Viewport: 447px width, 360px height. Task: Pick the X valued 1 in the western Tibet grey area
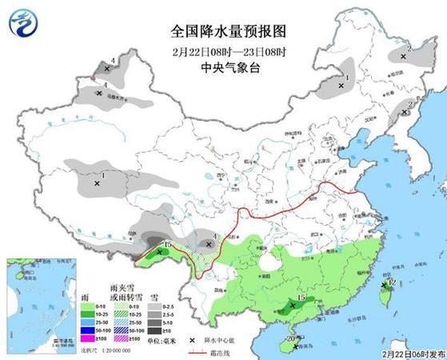coord(98,183)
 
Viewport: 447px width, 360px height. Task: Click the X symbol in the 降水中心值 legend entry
coord(193,340)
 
